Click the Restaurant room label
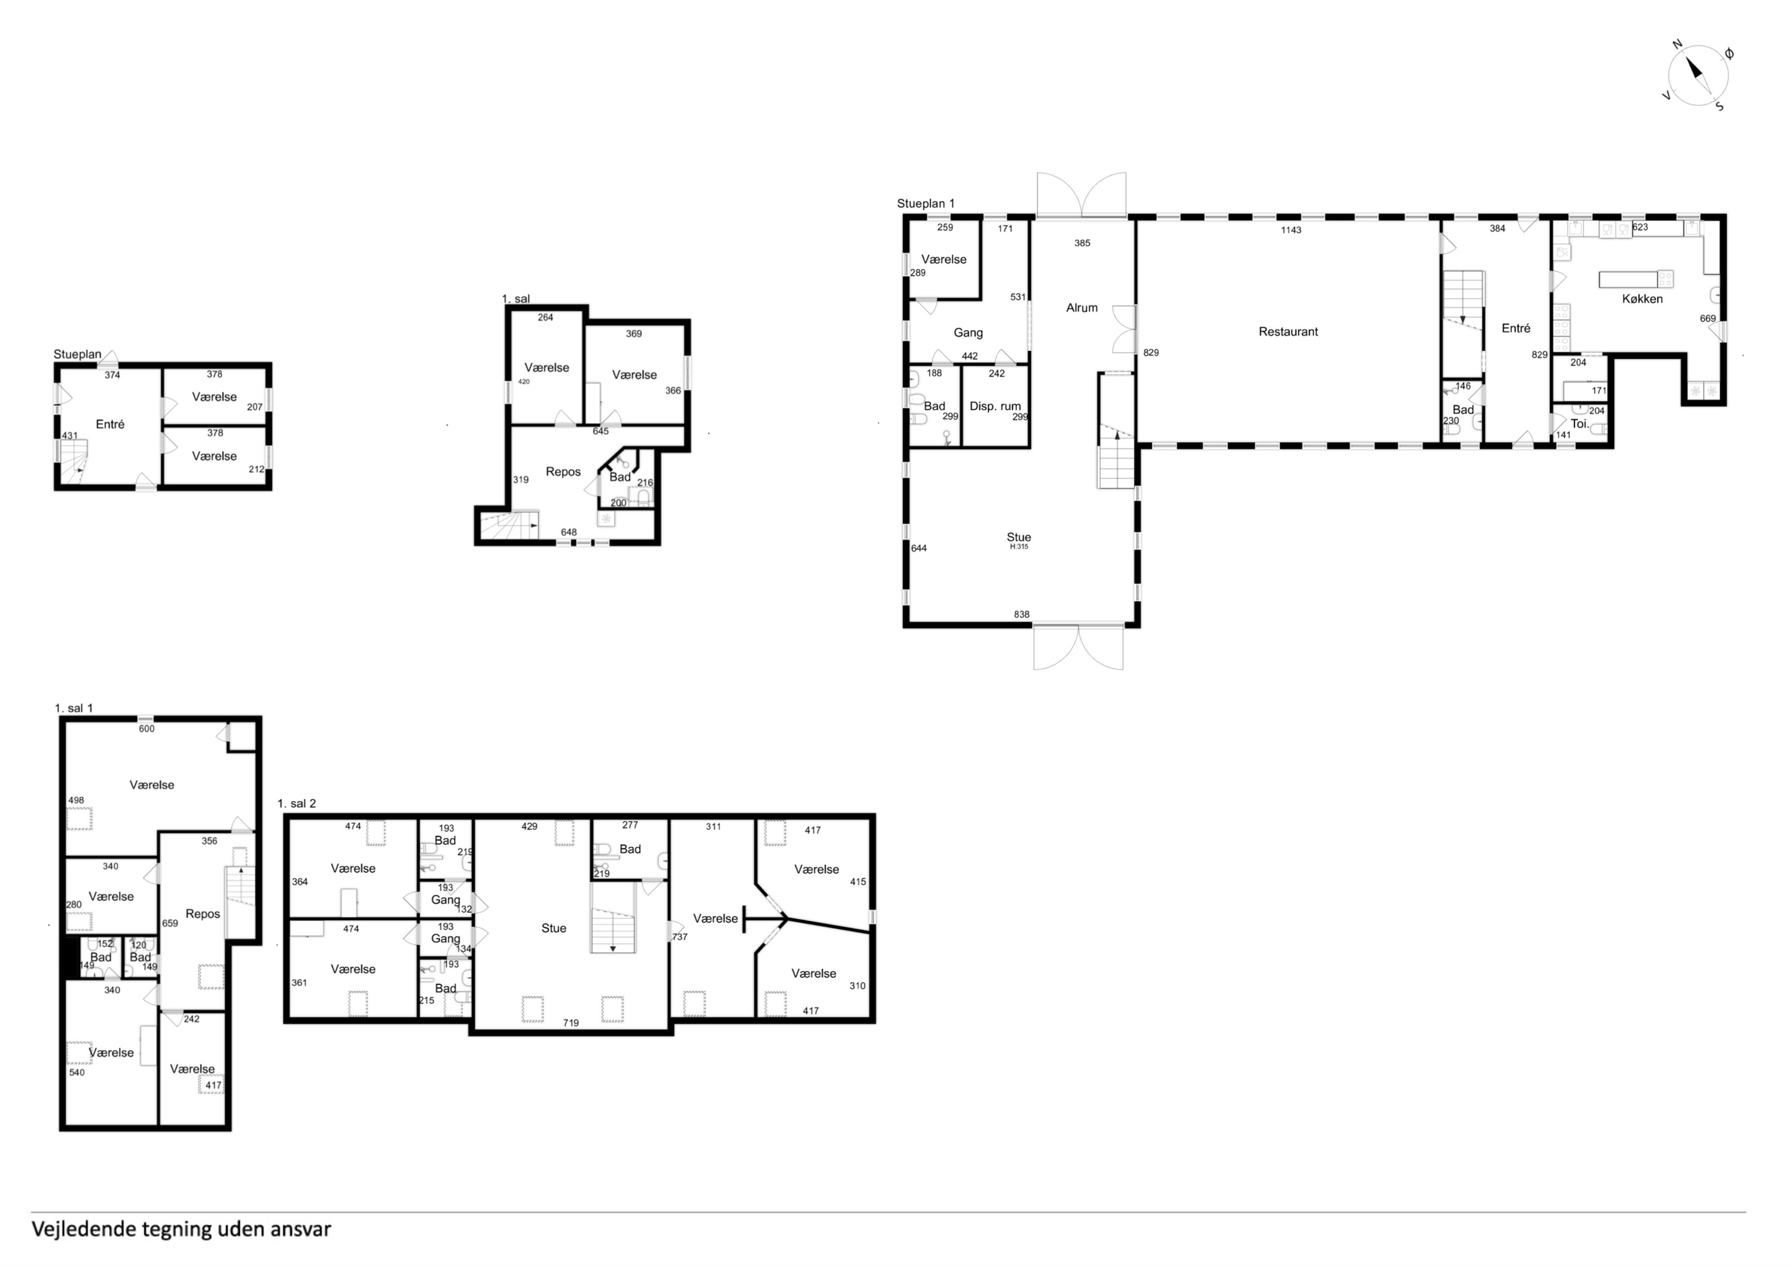(x=1288, y=332)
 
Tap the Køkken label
(x=1642, y=299)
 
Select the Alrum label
(x=1082, y=308)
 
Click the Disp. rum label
(x=995, y=406)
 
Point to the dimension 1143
(x=1291, y=230)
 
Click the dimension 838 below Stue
(x=1022, y=615)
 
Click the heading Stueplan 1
(x=925, y=204)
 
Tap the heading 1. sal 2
(x=297, y=803)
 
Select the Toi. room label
(x=1580, y=424)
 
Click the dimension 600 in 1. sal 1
(x=147, y=729)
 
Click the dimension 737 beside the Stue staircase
(x=680, y=937)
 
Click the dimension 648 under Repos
(x=568, y=533)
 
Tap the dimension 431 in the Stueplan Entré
(x=70, y=436)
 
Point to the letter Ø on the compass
(x=1730, y=54)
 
